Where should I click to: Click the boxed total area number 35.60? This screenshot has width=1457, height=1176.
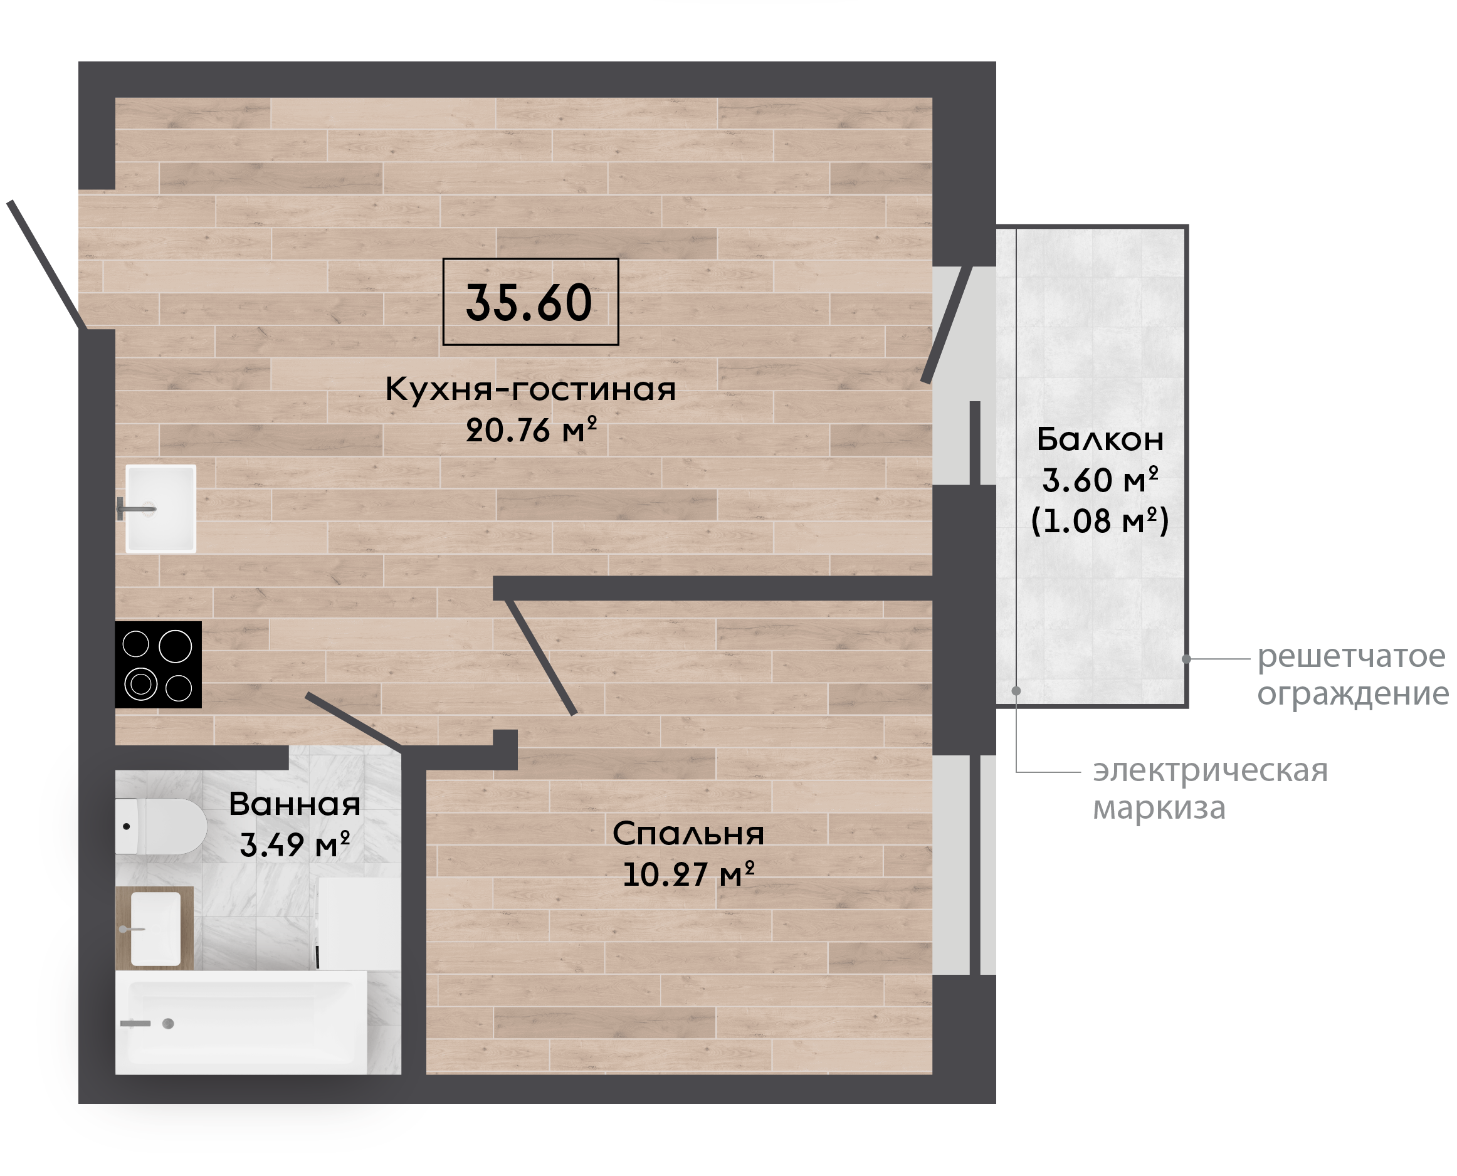pos(529,302)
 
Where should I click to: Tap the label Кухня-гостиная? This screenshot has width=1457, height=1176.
pos(530,389)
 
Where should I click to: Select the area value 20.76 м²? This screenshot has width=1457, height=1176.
pos(531,429)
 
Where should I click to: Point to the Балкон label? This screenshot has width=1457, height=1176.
pos(1100,439)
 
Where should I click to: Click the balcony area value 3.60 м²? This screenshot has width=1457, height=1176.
pos(1100,480)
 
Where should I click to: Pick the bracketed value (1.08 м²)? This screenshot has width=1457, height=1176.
pos(1100,520)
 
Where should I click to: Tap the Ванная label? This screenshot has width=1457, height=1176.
pos(294,804)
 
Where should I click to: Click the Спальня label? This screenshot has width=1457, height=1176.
pos(688,834)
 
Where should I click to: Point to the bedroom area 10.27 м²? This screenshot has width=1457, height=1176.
pos(688,874)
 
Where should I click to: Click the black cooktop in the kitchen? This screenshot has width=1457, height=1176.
pos(159,664)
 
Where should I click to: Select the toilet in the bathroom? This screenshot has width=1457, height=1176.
pos(160,826)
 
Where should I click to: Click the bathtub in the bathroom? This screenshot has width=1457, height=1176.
pos(241,1023)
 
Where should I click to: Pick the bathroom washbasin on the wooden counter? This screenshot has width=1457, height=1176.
pos(155,928)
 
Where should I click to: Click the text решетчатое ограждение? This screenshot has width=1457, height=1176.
pos(1353,675)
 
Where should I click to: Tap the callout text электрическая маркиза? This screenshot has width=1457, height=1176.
pos(1211,789)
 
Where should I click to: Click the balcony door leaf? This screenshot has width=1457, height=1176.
pos(947,325)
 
